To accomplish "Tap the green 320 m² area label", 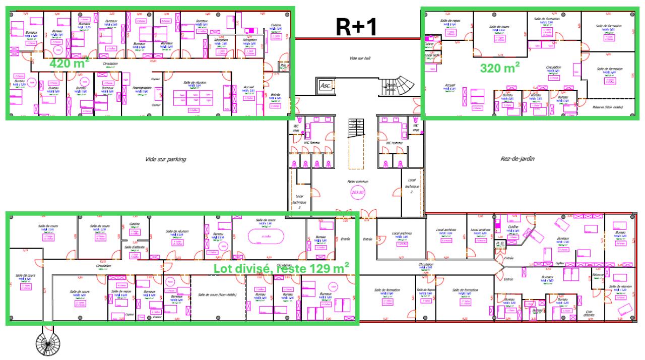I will (x=500, y=68).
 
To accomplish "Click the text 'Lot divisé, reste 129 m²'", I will (x=282, y=268).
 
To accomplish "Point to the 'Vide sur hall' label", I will (x=360, y=58).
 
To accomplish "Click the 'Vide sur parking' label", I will (x=166, y=159).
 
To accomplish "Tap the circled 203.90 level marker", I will (x=357, y=192).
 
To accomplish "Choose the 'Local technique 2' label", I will (x=408, y=186).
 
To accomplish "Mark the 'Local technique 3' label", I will (x=299, y=201).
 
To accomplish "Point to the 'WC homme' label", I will (x=395, y=143).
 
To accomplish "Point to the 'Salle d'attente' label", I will (x=135, y=247).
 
